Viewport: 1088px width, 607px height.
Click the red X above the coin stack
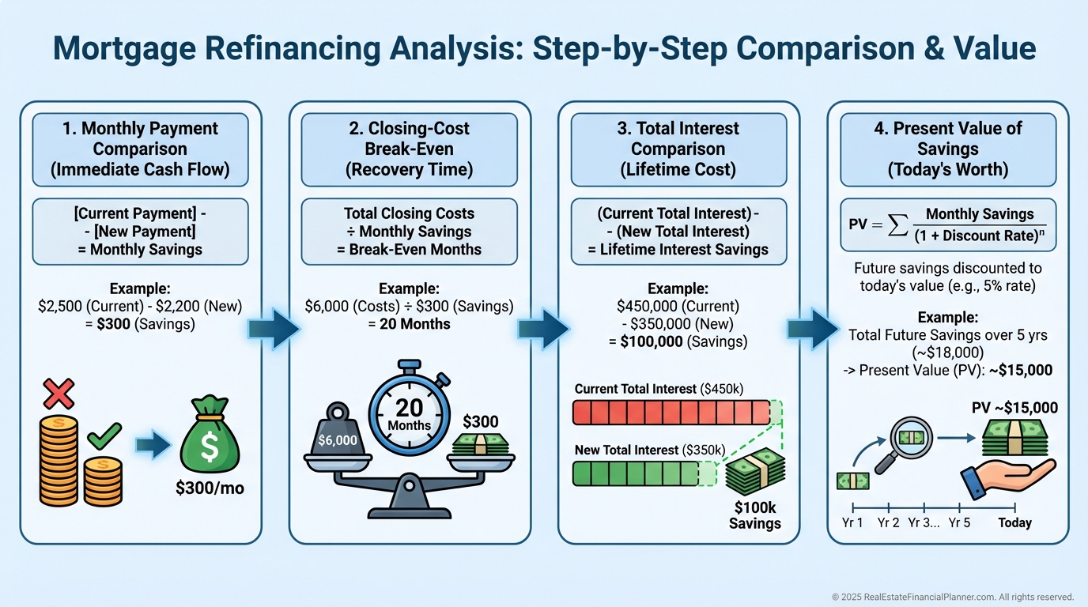[59, 394]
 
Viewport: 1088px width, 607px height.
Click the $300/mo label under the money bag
[210, 488]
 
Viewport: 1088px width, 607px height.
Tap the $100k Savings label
[755, 515]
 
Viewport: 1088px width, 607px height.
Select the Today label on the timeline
[1014, 522]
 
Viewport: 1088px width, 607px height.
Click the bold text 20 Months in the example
[410, 323]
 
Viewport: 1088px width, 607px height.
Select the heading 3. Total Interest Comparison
[678, 149]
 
